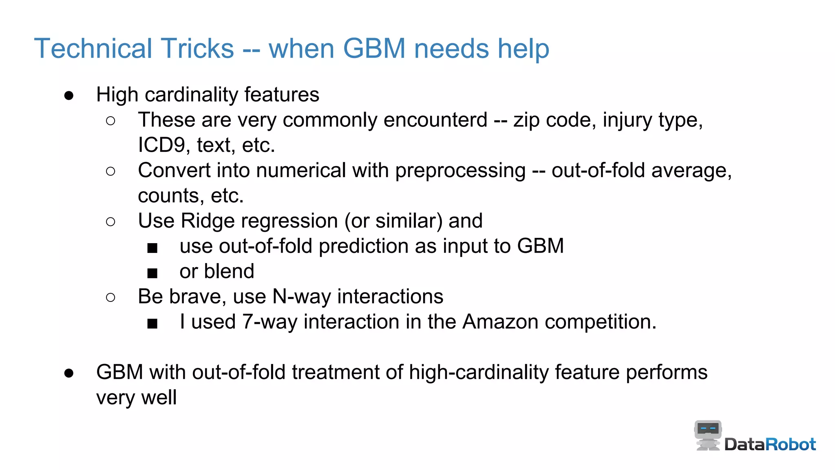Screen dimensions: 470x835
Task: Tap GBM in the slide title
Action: (x=374, y=49)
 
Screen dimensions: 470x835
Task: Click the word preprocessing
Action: (x=460, y=171)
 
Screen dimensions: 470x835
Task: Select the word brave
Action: (x=197, y=297)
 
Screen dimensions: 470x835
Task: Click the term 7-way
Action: (x=269, y=322)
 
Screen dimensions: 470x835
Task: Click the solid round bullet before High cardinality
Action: (x=69, y=95)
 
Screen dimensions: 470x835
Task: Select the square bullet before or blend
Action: (x=152, y=273)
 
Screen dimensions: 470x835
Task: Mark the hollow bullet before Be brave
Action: (x=110, y=297)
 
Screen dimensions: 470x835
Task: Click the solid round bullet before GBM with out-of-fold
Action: (x=69, y=373)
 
